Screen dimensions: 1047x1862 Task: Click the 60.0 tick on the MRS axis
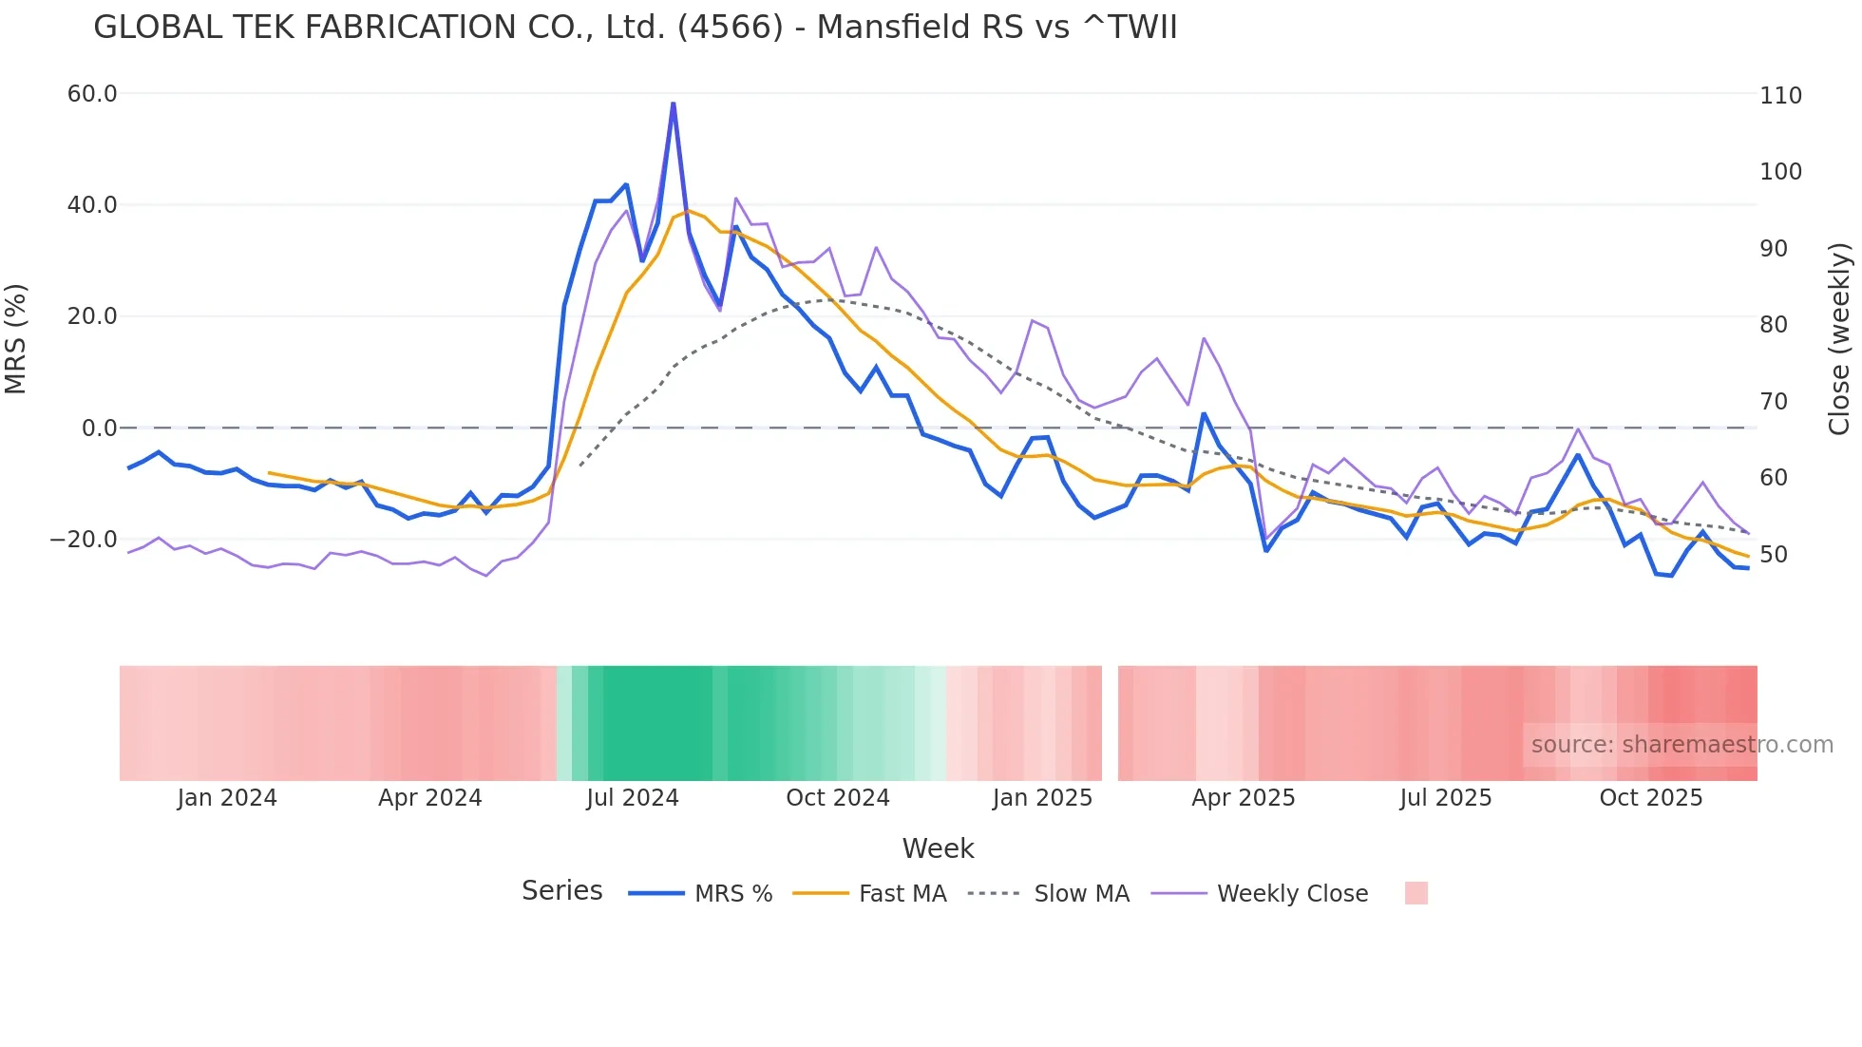pyautogui.click(x=91, y=94)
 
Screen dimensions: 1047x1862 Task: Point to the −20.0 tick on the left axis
pyautogui.click(x=84, y=540)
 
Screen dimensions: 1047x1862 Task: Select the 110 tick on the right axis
pyautogui.click(x=1780, y=96)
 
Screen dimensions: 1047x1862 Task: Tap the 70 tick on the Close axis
pyautogui.click(x=1774, y=402)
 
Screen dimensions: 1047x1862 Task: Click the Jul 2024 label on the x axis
pyautogui.click(x=632, y=798)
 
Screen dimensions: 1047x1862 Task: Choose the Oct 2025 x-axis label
pyautogui.click(x=1650, y=798)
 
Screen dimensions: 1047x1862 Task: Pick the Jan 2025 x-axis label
pyautogui.click(x=1042, y=798)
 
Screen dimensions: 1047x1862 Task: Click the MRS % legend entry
pyautogui.click(x=732, y=894)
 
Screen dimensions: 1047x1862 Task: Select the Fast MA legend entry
pyautogui.click(x=902, y=894)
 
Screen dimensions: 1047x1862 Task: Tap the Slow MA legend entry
pyautogui.click(x=1081, y=894)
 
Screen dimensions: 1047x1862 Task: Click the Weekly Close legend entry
pyautogui.click(x=1292, y=894)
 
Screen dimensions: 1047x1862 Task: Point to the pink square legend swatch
pyautogui.click(x=1415, y=893)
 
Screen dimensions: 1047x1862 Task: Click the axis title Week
pyautogui.click(x=938, y=848)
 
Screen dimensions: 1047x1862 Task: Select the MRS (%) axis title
pyautogui.click(x=16, y=338)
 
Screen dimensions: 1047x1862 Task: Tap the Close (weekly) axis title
pyautogui.click(x=1840, y=338)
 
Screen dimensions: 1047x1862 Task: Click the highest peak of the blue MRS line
pyautogui.click(x=674, y=104)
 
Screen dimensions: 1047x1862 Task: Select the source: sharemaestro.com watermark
pyautogui.click(x=1681, y=745)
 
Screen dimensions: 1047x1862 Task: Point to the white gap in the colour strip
pyautogui.click(x=1110, y=723)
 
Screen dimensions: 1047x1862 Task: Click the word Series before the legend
pyautogui.click(x=561, y=891)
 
